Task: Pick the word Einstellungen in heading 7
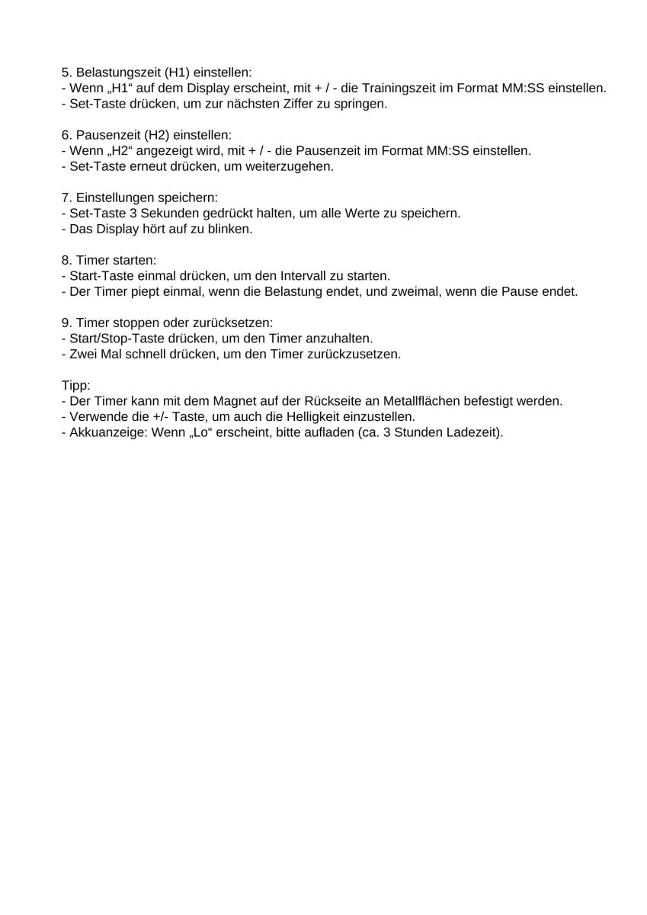[114, 197]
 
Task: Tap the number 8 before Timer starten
[65, 260]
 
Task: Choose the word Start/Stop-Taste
[111, 338]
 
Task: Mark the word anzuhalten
[336, 338]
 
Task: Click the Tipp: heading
[75, 385]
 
